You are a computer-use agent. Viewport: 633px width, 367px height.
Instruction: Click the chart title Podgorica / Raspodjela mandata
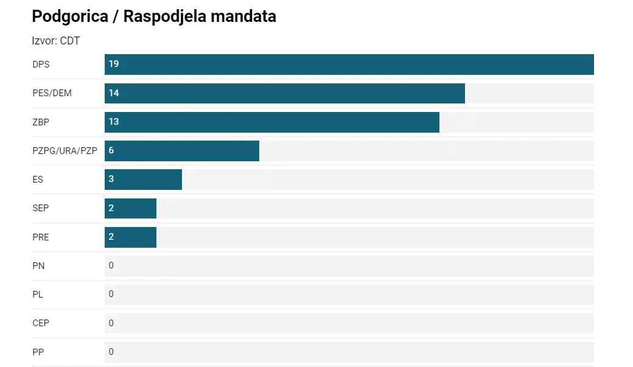154,16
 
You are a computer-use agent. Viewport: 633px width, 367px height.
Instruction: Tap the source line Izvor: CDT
56,41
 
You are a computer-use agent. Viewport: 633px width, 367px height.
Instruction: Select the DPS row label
41,64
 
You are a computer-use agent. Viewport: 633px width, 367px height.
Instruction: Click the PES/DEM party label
52,93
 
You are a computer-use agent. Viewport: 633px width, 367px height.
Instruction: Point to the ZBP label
41,122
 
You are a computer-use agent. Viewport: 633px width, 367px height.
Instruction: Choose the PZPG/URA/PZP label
65,150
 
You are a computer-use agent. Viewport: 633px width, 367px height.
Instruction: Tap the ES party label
38,180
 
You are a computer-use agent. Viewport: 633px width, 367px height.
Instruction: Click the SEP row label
41,208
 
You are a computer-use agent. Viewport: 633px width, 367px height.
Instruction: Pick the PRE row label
41,237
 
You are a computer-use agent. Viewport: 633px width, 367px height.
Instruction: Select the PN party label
38,265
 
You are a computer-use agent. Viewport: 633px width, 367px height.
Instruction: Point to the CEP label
41,323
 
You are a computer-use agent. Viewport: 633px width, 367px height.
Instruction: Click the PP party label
38,351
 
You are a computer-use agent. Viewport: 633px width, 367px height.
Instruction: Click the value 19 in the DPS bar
114,64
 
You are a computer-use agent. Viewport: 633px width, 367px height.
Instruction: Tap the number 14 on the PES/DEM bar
114,93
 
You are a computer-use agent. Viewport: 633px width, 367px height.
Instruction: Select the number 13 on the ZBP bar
114,122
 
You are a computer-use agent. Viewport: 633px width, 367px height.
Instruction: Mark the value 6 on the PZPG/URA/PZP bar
111,150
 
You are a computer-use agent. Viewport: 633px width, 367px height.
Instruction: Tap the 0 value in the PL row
111,294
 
